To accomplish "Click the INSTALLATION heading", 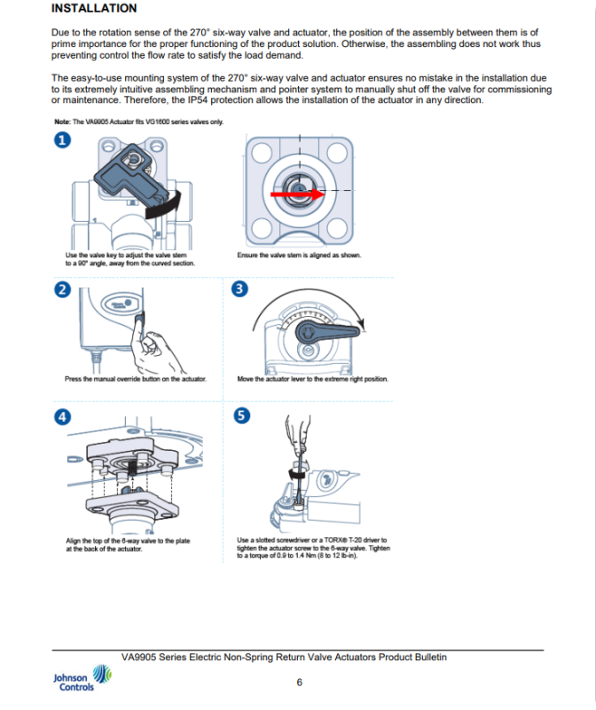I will (x=94, y=9).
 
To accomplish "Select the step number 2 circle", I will (x=62, y=290).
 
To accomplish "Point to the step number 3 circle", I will (x=240, y=290).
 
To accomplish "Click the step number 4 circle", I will (x=62, y=416).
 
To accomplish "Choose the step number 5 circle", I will (x=240, y=416).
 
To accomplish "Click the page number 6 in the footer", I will (x=299, y=682).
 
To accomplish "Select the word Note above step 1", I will (x=61, y=122).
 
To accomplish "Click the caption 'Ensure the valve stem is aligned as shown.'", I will (x=299, y=255).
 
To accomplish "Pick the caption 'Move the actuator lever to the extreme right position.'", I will (x=312, y=379).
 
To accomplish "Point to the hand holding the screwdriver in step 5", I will (x=295, y=434).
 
